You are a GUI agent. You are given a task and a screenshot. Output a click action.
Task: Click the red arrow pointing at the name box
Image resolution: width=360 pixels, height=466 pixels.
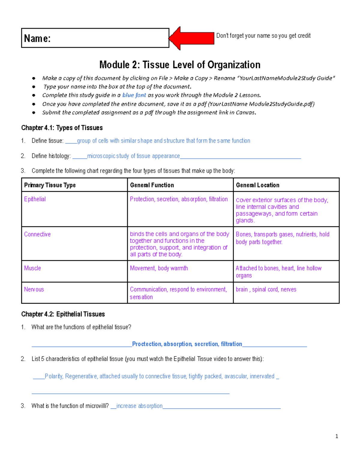pyautogui.click(x=192, y=38)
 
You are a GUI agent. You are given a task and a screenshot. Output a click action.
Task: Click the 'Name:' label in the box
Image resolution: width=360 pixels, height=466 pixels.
pyautogui.click(x=37, y=38)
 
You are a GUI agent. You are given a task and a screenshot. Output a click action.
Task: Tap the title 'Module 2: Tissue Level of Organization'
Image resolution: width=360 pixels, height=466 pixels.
pyautogui.click(x=180, y=65)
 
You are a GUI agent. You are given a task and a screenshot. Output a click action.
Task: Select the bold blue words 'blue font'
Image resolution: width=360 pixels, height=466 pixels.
pyautogui.click(x=134, y=95)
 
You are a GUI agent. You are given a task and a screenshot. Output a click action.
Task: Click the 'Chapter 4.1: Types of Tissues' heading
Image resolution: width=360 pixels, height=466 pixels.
pyautogui.click(x=62, y=128)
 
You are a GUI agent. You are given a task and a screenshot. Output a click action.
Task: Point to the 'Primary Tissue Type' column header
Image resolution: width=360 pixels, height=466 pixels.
pyautogui.click(x=50, y=185)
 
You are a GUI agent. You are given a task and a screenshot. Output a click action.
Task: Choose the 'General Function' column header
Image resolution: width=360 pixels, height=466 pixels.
pyautogui.click(x=152, y=185)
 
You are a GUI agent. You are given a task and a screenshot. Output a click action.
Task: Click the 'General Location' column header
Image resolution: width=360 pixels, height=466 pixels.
pyautogui.click(x=257, y=185)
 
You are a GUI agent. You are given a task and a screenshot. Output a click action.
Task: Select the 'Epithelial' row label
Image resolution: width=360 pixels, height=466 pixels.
pyautogui.click(x=35, y=199)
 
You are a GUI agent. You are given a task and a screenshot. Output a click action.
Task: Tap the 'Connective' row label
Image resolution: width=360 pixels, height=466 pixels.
pyautogui.click(x=37, y=234)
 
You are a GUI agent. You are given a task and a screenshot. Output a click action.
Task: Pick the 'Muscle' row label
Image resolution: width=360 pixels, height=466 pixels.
pyautogui.click(x=32, y=268)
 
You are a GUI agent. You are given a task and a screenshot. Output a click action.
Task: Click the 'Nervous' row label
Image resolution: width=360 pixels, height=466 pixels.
pyautogui.click(x=34, y=289)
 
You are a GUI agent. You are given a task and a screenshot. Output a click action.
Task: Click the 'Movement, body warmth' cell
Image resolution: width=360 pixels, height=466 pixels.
pyautogui.click(x=159, y=268)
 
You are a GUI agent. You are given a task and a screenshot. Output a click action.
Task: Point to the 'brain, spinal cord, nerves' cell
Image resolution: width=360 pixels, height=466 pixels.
pyautogui.click(x=266, y=289)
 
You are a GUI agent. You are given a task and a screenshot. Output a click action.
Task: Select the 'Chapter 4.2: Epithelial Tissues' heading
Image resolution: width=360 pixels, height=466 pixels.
pyautogui.click(x=63, y=314)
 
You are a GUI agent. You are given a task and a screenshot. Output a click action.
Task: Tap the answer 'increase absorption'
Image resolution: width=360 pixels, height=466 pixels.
pyautogui.click(x=139, y=406)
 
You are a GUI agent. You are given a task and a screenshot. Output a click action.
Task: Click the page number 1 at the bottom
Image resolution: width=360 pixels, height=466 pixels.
pyautogui.click(x=337, y=436)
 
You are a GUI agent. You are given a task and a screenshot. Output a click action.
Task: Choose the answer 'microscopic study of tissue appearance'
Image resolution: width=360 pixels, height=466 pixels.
pyautogui.click(x=133, y=156)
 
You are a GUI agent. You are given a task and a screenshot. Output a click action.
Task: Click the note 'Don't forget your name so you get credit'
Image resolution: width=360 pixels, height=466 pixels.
pyautogui.click(x=263, y=36)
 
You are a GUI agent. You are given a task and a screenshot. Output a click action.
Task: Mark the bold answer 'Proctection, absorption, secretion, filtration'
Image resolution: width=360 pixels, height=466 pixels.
pyautogui.click(x=187, y=344)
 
